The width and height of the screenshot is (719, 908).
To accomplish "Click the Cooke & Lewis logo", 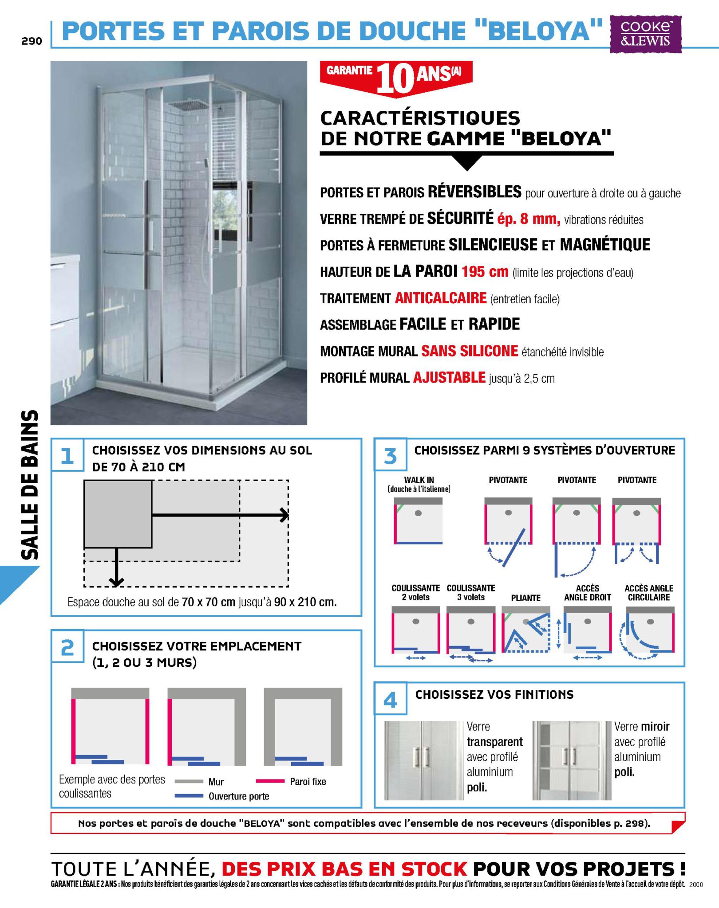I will tap(645, 34).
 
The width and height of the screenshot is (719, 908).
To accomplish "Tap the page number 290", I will tap(32, 41).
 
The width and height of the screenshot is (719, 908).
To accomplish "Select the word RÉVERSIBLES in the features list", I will tap(474, 192).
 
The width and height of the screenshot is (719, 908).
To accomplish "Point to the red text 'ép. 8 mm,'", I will tap(529, 219).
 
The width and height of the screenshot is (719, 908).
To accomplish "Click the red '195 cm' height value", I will tap(485, 271).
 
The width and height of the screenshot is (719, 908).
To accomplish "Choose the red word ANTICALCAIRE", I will tap(441, 298).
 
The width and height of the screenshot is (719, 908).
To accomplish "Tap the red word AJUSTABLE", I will tap(449, 378).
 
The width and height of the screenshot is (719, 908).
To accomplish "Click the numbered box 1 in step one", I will tap(67, 455).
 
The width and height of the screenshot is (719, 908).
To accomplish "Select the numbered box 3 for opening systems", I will tap(390, 455).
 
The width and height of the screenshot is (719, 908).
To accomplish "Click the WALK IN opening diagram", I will tap(418, 521).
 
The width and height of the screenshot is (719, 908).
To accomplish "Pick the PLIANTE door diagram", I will tap(525, 630).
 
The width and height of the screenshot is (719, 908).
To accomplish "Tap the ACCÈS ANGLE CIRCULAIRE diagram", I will tap(649, 632).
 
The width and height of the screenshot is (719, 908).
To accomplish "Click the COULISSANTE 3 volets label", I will tap(471, 592).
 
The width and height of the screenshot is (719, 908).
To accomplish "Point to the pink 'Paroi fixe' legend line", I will tap(270, 781).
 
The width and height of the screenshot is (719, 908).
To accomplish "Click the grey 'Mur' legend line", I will tap(189, 782).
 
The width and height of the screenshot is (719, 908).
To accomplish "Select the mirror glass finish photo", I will tap(572, 761).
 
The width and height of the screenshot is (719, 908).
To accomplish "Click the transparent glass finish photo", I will tap(423, 761).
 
